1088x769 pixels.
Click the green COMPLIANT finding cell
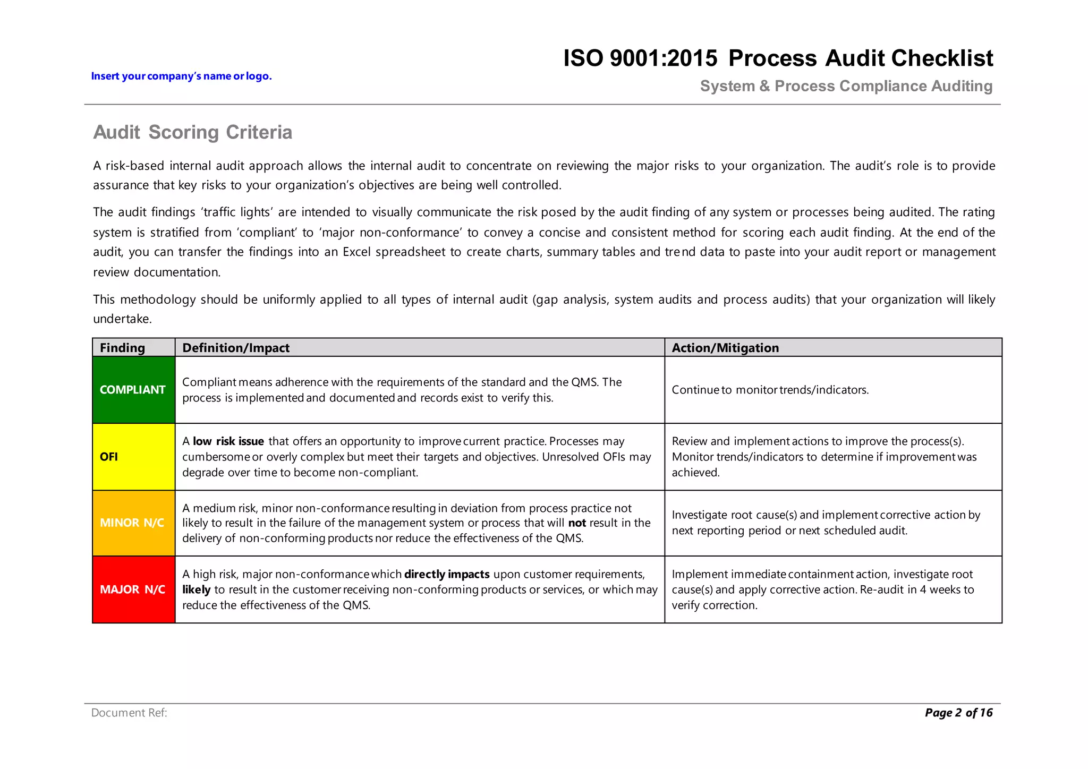[133, 390]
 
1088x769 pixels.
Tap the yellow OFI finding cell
[133, 457]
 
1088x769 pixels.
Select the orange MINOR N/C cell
[133, 523]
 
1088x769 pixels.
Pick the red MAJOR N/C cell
[133, 589]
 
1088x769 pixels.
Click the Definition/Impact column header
[236, 348]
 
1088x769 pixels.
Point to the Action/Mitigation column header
[725, 348]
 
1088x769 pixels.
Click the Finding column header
[122, 348]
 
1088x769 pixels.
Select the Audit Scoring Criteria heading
[192, 132]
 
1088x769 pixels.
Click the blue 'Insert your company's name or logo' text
[181, 76]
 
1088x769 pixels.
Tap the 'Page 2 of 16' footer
[958, 713]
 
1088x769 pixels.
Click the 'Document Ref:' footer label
[129, 713]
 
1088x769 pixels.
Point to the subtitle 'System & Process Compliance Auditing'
[846, 86]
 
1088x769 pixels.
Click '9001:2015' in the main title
[664, 58]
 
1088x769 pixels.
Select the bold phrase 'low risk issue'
[228, 441]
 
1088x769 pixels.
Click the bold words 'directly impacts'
[447, 574]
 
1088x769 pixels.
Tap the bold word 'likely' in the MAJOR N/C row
[196, 589]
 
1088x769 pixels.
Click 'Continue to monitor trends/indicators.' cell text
[770, 390]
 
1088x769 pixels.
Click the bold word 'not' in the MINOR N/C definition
[577, 523]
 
